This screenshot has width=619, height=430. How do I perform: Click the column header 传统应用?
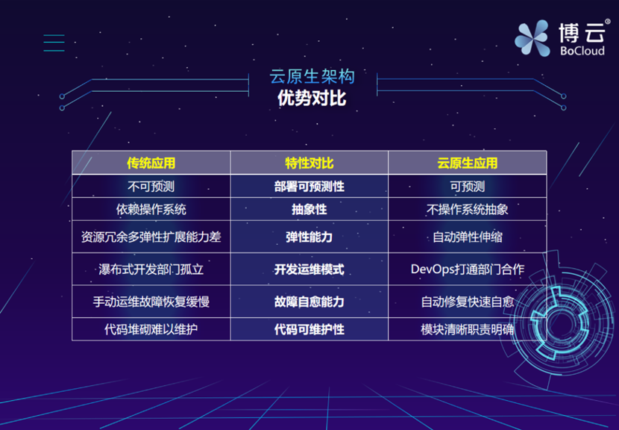(151, 163)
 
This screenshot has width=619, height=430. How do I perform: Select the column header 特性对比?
(309, 163)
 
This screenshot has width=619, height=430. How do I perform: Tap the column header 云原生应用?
(467, 163)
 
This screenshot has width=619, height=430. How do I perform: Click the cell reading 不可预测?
(151, 186)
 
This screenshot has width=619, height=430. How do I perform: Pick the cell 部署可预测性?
(309, 186)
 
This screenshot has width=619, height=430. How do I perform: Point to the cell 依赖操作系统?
(151, 210)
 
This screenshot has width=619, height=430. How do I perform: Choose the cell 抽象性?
(309, 210)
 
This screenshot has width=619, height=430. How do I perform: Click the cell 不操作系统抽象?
(467, 210)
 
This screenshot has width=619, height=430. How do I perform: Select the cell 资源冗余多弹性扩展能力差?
(151, 237)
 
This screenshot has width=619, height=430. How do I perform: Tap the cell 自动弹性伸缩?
(467, 237)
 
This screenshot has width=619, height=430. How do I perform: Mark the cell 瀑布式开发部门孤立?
(151, 269)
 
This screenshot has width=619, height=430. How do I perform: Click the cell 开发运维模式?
(309, 269)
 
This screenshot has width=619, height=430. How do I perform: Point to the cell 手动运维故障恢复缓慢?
(151, 302)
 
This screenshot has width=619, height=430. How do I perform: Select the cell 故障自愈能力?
(309, 302)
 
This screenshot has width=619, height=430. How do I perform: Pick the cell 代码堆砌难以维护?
(151, 328)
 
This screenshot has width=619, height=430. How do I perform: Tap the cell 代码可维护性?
(309, 328)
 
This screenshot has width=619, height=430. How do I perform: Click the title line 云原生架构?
(312, 76)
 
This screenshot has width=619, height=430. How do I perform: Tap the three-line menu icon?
(54, 43)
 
